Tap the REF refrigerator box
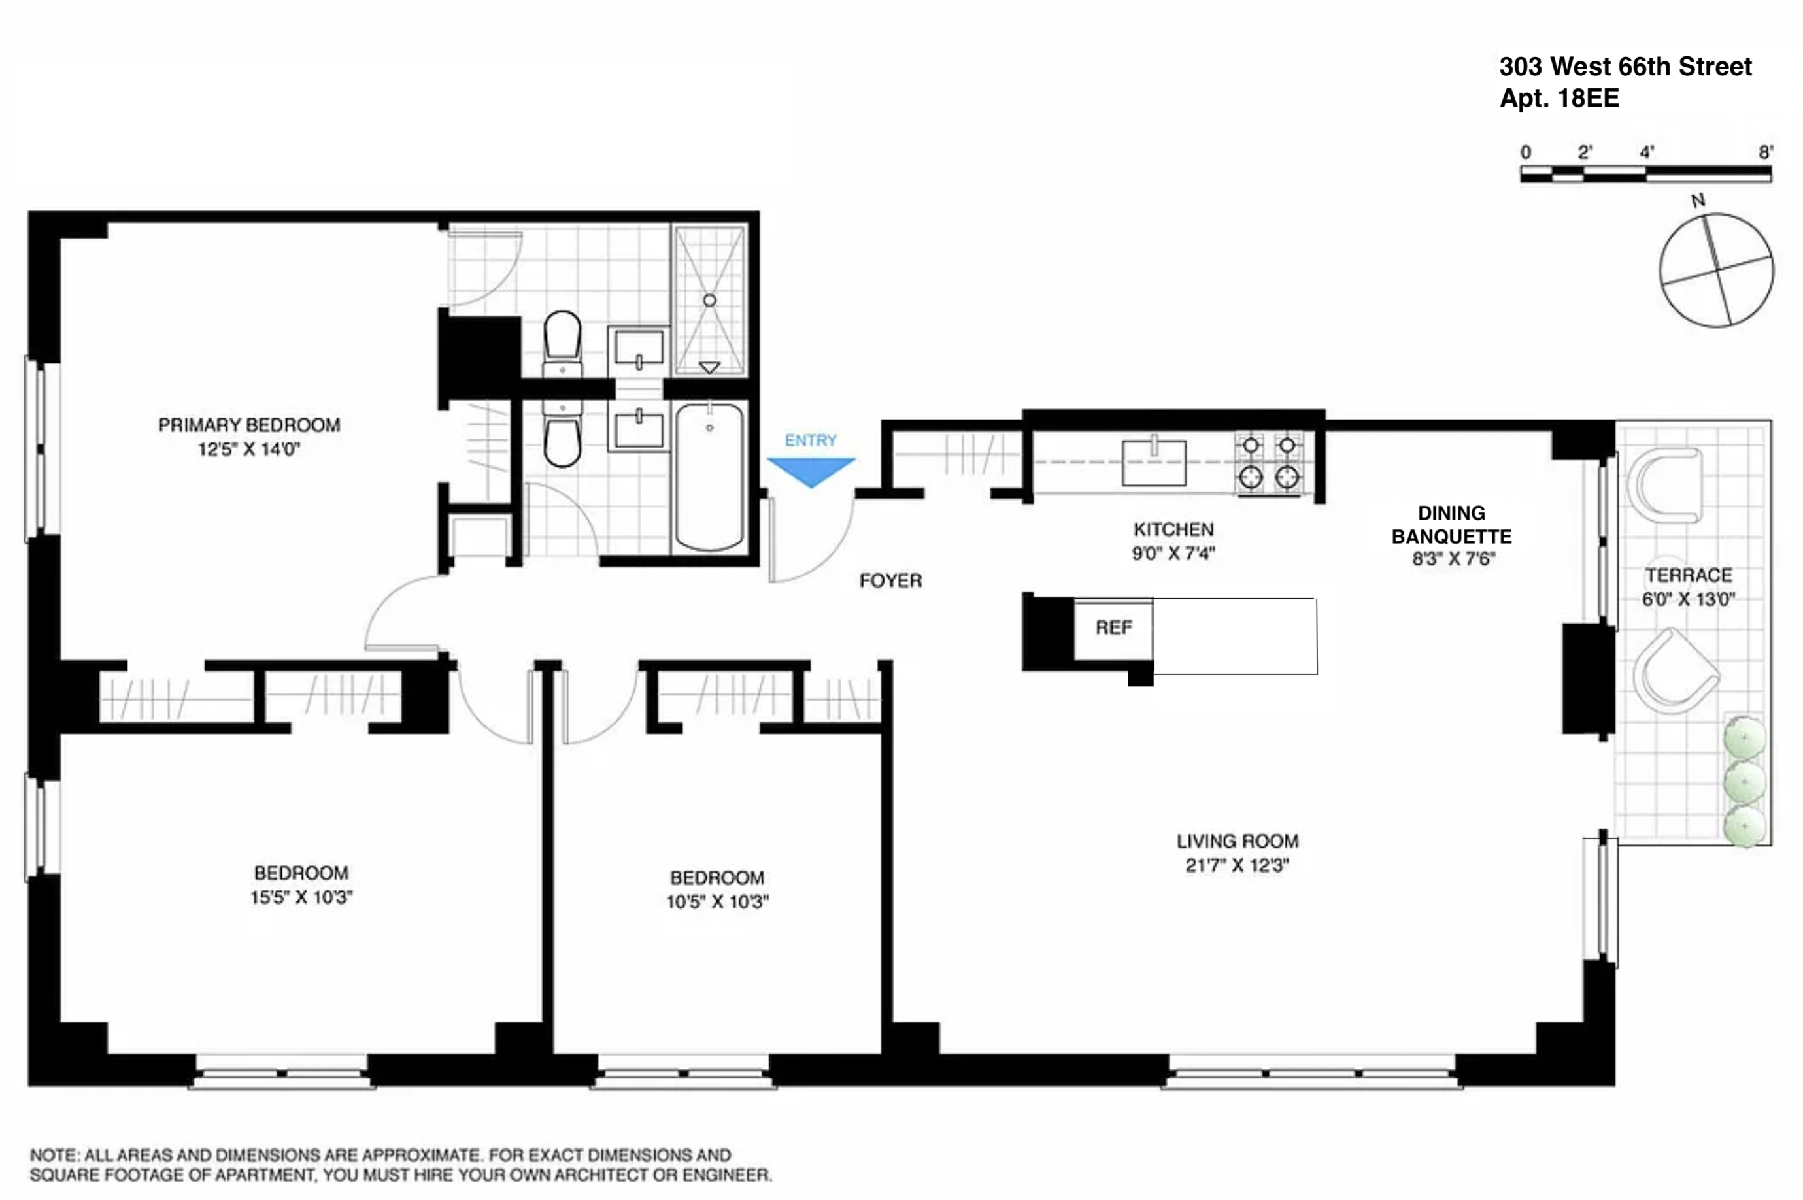pos(1113,628)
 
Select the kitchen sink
pos(1153,462)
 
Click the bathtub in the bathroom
pos(709,476)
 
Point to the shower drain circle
pos(709,300)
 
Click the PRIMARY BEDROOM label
pos(248,425)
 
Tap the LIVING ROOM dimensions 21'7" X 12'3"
pos(1237,865)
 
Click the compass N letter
pos(1697,201)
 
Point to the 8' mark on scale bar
pos(1764,152)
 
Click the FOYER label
pos(890,581)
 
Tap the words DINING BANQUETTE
pos(1451,525)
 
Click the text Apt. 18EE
pos(1559,99)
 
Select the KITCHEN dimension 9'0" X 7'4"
pos(1173,554)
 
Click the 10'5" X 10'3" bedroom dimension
pos(717,901)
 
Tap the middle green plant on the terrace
pos(1744,782)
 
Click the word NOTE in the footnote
pos(54,1155)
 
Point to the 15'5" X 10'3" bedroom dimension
pos(301,897)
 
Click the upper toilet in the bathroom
pos(562,337)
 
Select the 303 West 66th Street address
pos(1625,67)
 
